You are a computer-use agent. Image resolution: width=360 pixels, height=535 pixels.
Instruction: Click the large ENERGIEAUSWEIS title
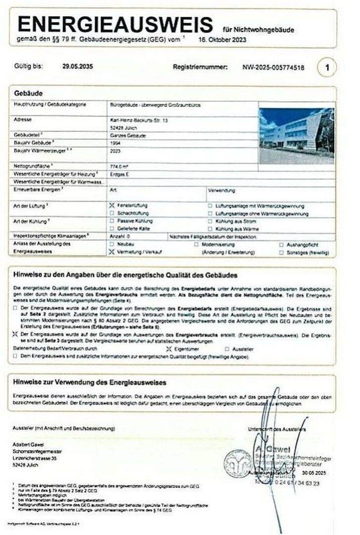point(115,24)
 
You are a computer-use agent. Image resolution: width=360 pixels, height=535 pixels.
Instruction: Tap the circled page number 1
point(327,67)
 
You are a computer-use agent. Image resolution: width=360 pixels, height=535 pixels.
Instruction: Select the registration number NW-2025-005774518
point(273,67)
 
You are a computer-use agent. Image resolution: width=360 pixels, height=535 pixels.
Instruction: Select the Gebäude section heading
point(29,93)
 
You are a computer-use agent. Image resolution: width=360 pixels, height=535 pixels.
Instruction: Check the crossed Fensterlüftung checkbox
point(112,205)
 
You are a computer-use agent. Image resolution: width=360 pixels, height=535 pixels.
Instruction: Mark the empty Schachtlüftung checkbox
point(112,213)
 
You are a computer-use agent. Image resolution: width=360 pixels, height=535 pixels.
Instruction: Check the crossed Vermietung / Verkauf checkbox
point(112,252)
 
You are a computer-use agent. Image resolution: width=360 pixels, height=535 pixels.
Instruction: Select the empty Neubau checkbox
point(112,245)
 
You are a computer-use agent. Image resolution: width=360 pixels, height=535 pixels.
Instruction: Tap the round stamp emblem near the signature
point(235,464)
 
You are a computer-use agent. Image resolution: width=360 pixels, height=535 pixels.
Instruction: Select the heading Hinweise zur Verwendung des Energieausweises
point(90,383)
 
